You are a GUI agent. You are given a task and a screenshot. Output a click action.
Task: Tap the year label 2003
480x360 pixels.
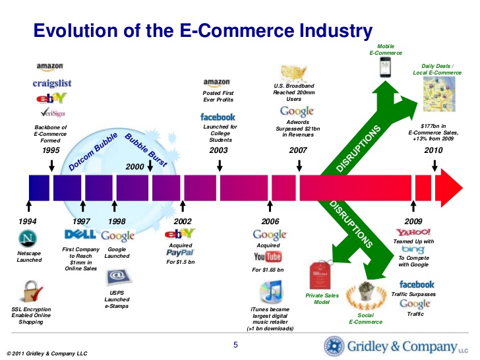[218, 150]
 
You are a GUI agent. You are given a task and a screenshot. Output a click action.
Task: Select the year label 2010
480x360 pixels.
[433, 150]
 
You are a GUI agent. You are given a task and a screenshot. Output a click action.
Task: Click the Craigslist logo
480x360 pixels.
[52, 83]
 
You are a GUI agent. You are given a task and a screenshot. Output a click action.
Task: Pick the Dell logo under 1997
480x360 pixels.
[81, 235]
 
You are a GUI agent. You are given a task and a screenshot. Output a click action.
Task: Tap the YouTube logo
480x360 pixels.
[268, 256]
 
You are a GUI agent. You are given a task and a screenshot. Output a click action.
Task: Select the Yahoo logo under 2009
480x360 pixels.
[413, 233]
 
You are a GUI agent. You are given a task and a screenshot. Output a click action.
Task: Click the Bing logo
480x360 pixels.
[413, 250]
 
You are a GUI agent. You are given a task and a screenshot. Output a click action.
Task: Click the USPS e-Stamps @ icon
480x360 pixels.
[117, 277]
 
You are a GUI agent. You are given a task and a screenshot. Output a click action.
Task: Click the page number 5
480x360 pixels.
[236, 345]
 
